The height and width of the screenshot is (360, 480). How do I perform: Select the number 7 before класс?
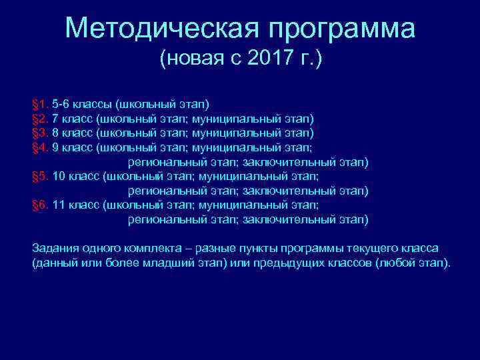point(55,119)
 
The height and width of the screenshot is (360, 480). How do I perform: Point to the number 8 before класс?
point(55,133)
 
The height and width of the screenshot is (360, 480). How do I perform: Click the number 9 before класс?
point(55,147)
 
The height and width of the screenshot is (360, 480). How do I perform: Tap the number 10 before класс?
point(58,177)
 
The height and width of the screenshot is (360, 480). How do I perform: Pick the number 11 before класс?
point(58,205)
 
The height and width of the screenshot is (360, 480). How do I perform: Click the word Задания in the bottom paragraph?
point(55,248)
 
